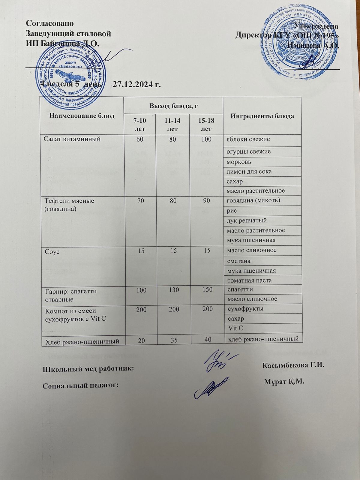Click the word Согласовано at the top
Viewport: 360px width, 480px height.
(x=50, y=23)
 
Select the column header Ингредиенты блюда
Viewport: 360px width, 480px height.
(x=262, y=116)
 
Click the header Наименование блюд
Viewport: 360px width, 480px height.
(x=82, y=116)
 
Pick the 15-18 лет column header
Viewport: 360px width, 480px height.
(x=206, y=125)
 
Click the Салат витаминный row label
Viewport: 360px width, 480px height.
(x=72, y=139)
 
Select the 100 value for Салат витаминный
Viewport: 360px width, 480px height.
(x=206, y=139)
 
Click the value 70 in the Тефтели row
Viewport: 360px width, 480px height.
(x=139, y=201)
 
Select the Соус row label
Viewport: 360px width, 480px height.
(x=52, y=251)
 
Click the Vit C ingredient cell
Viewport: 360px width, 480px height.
(x=236, y=328)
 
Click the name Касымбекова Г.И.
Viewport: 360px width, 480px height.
(x=294, y=365)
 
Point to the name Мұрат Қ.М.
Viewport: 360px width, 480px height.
(x=284, y=382)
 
